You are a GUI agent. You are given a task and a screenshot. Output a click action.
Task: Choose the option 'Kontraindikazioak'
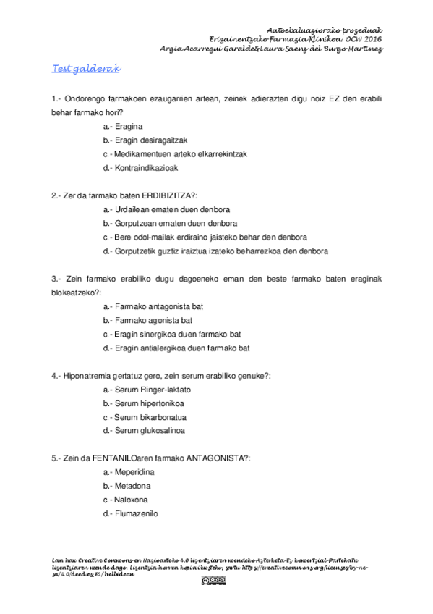coord(146,168)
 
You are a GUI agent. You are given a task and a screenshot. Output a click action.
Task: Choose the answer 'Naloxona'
coord(131,500)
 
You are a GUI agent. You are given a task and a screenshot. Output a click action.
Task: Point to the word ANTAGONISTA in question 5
coord(216,458)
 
